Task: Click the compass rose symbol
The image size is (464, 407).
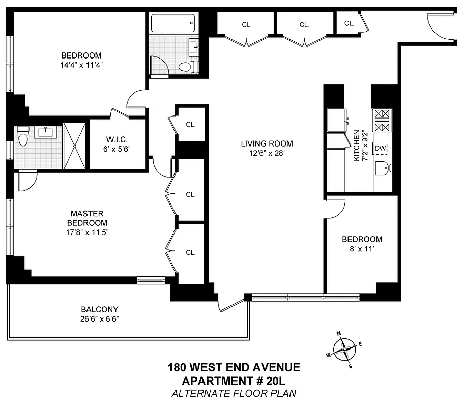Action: pos(345,349)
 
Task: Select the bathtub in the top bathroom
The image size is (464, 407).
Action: pos(173,23)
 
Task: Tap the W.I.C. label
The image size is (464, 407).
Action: pos(118,139)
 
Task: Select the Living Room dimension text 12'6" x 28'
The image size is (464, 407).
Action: pos(267,153)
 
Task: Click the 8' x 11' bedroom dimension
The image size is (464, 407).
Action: pos(362,249)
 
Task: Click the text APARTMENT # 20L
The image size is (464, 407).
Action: pos(234,380)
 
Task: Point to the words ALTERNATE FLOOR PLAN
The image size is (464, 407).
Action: pos(234,393)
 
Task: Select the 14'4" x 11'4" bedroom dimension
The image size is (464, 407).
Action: pos(81,65)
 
